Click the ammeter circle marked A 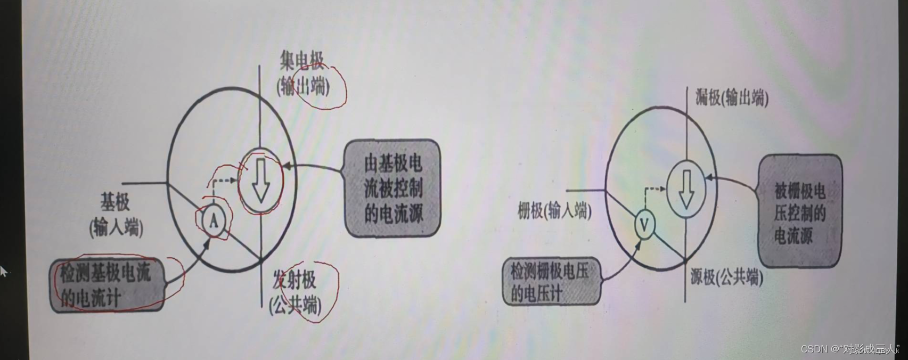[x=214, y=220]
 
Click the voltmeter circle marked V [x=644, y=225]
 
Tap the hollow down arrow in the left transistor [x=260, y=182]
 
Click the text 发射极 [x=295, y=281]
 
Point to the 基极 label [x=115, y=203]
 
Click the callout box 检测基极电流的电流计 [x=107, y=285]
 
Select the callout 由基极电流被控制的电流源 [x=393, y=188]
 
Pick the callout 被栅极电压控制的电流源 [x=800, y=211]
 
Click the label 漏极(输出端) [x=732, y=99]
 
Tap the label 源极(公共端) [x=726, y=277]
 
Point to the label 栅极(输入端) [x=554, y=212]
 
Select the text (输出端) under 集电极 [x=302, y=87]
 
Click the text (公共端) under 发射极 [x=295, y=305]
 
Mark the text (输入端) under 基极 [x=117, y=227]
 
